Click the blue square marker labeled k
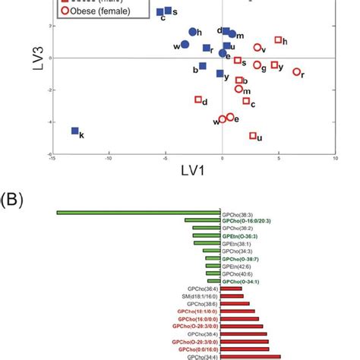(x=74, y=131)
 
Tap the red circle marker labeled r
(x=296, y=72)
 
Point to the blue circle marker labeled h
(x=193, y=33)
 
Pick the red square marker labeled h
(x=278, y=39)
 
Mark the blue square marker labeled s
(x=168, y=11)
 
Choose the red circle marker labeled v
(x=257, y=48)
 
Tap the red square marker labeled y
(x=274, y=65)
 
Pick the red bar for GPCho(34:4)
(x=251, y=356)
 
